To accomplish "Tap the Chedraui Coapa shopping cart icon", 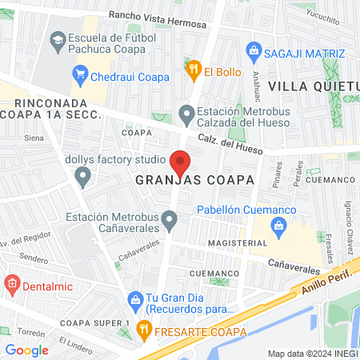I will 80,77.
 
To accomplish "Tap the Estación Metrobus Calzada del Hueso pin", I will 186,115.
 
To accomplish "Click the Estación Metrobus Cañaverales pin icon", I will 169,218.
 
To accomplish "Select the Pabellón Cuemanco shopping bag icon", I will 278,226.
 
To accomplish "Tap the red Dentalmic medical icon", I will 11,282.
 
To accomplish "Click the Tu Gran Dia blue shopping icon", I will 134,298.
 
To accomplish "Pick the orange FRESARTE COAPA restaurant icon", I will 144,327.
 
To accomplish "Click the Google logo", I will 27,350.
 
